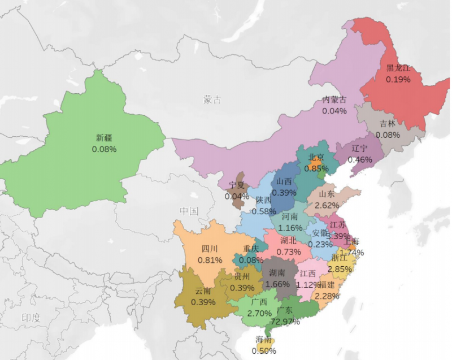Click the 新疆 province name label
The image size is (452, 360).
pyautogui.click(x=104, y=137)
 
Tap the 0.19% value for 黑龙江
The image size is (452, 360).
pyautogui.click(x=398, y=79)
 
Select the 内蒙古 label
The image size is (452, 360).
pyautogui.click(x=334, y=100)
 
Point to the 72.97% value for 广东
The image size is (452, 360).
pyautogui.click(x=285, y=322)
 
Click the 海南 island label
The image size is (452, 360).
pyautogui.click(x=264, y=340)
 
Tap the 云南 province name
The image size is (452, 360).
pyautogui.click(x=203, y=291)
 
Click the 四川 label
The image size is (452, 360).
pyautogui.click(x=210, y=249)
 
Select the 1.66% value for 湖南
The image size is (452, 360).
pyautogui.click(x=277, y=284)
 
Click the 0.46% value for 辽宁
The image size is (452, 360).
pyautogui.click(x=359, y=159)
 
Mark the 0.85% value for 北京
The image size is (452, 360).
pyautogui.click(x=316, y=168)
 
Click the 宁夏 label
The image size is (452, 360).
pyautogui.click(x=237, y=185)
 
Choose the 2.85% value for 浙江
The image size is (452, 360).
pyautogui.click(x=340, y=269)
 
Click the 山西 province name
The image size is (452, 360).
pyautogui.click(x=284, y=182)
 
